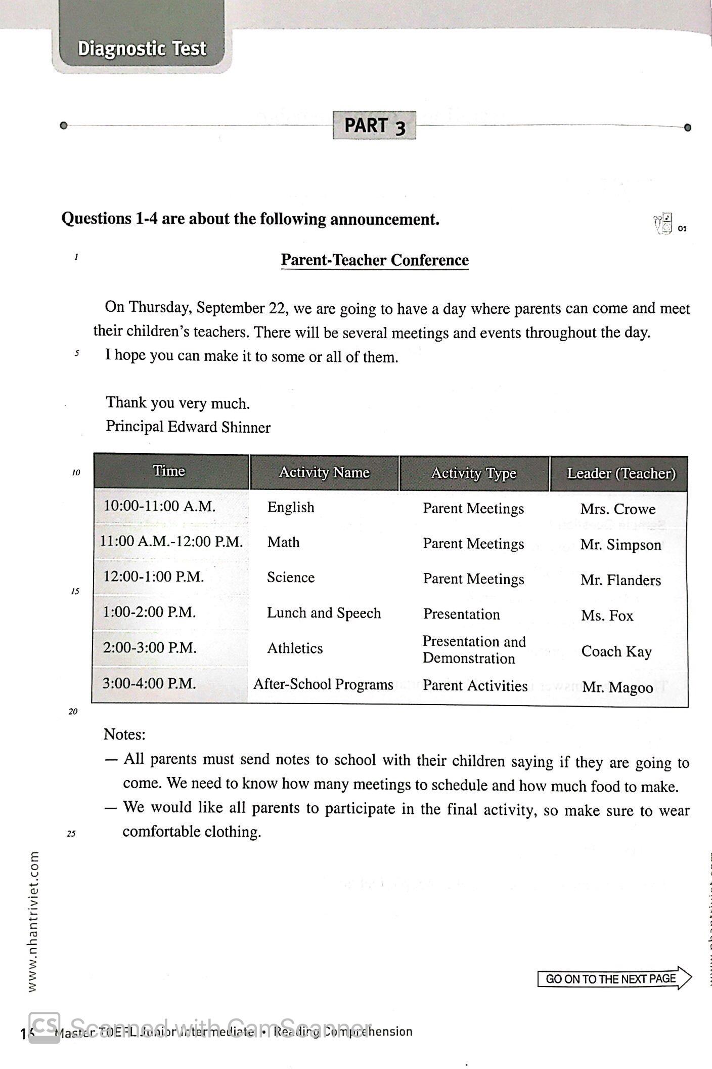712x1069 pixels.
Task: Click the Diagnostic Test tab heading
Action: (142, 49)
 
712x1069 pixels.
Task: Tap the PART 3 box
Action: (374, 126)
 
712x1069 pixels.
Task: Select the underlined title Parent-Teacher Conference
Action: (375, 260)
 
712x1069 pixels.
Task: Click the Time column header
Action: (169, 471)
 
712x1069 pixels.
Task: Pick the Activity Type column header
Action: (474, 473)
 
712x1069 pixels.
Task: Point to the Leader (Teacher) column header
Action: (621, 474)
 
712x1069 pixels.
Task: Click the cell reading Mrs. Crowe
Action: (617, 509)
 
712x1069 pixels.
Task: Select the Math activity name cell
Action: (283, 543)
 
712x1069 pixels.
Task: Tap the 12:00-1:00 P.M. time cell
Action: (154, 577)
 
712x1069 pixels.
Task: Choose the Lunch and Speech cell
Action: (324, 613)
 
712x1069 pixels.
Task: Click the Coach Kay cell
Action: (616, 651)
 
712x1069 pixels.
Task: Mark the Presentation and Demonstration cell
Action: (474, 650)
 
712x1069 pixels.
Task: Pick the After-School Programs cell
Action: (323, 684)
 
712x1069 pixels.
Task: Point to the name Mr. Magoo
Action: (617, 687)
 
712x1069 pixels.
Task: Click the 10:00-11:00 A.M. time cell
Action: (160, 506)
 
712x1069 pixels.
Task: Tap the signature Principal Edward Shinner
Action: (188, 427)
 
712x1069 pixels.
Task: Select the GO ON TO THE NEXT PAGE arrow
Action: (614, 978)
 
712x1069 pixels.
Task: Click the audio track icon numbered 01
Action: (664, 224)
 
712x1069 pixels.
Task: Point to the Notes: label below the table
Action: (124, 734)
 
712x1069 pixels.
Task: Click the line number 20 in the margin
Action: (73, 712)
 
